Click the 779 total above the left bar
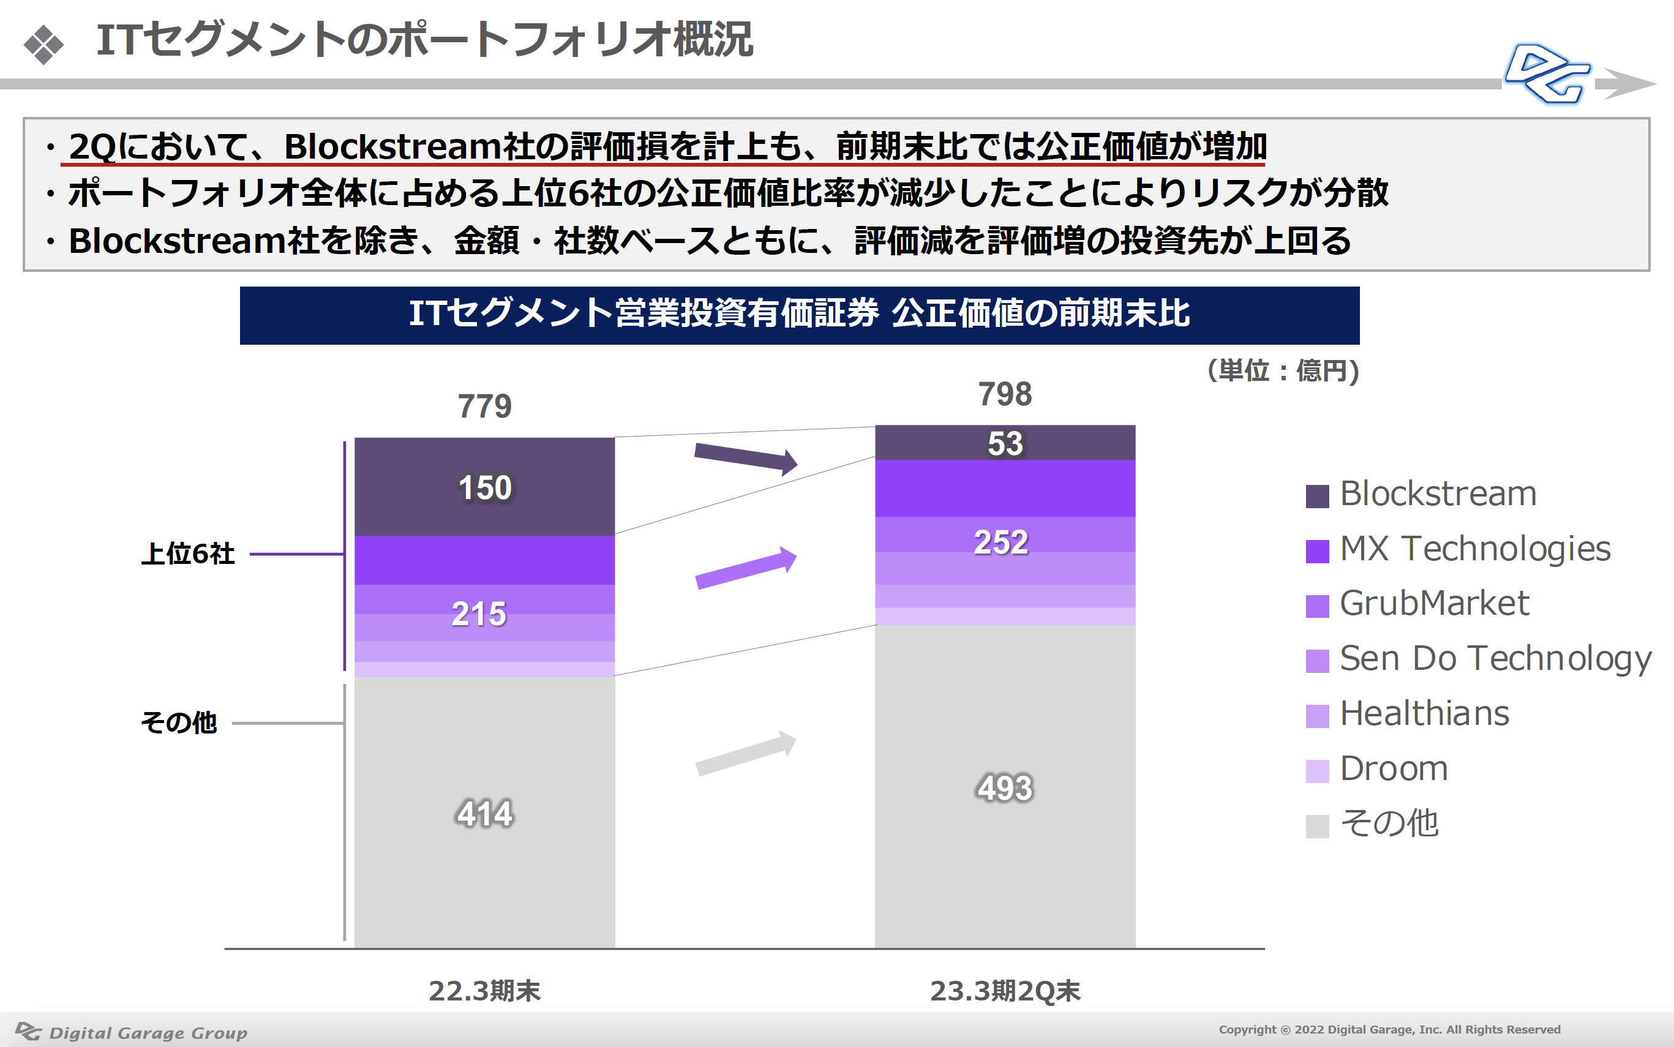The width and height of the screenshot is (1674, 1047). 484,407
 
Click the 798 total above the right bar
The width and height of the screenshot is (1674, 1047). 1005,394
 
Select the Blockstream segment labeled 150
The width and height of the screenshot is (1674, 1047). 484,486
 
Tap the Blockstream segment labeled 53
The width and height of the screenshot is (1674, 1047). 1005,443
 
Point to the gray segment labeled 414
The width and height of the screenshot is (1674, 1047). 484,812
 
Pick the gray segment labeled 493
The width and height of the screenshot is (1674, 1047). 1005,787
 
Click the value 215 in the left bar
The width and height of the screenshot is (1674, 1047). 479,614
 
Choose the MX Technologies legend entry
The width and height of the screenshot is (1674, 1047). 1458,550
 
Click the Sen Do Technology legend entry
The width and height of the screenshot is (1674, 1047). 1479,659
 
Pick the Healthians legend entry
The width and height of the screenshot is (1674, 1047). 1408,714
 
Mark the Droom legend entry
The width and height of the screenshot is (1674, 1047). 1377,769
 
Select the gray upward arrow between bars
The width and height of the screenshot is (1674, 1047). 746,753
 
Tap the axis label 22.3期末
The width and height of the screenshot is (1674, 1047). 484,991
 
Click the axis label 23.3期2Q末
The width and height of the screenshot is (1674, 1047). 1005,991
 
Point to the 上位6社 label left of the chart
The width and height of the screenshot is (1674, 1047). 187,554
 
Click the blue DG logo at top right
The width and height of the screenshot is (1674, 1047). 1548,74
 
